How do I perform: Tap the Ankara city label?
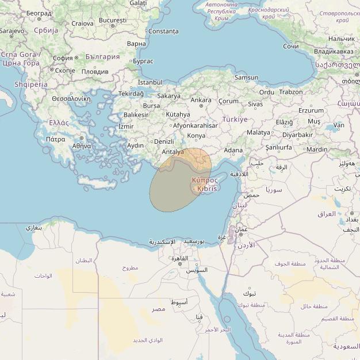[x=201, y=100]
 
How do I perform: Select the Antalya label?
[x=173, y=152]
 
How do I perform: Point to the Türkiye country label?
[x=235, y=119]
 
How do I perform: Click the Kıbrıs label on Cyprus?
[x=207, y=189]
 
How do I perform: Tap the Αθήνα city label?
[x=82, y=146]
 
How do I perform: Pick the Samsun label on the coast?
[x=246, y=78]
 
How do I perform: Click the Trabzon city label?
[x=290, y=91]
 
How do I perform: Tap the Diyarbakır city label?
[x=297, y=135]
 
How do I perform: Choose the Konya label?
[x=196, y=136]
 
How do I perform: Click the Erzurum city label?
[x=311, y=110]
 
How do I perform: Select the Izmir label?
[x=125, y=127]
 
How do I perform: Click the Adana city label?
[x=233, y=150]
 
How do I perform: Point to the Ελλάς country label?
[x=59, y=122]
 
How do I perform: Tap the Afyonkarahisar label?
[x=195, y=125]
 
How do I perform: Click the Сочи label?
[x=291, y=46]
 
